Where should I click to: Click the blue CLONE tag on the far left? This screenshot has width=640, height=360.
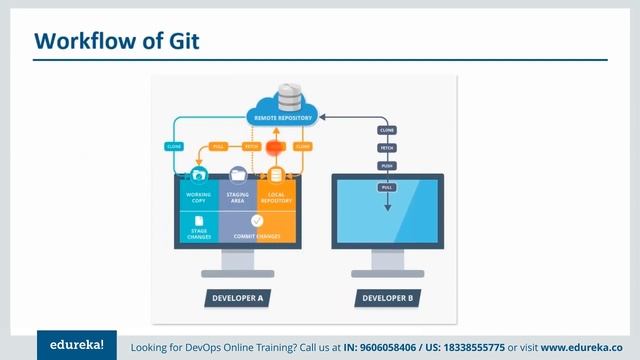click(x=172, y=146)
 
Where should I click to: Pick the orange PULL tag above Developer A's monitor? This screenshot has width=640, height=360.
click(x=219, y=146)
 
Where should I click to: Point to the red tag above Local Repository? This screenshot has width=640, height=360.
click(x=277, y=146)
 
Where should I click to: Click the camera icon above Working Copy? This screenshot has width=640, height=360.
click(x=198, y=175)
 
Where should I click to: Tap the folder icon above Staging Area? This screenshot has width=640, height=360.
click(x=238, y=175)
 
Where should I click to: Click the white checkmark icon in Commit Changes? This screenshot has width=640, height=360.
click(x=257, y=220)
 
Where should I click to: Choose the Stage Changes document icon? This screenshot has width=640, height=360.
click(x=198, y=221)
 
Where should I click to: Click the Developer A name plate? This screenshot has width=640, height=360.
click(x=237, y=297)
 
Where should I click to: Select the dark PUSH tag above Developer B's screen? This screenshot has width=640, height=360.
click(x=387, y=167)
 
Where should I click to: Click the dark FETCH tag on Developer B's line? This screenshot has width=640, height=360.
click(x=387, y=148)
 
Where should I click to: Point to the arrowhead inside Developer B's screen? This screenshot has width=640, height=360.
click(x=387, y=209)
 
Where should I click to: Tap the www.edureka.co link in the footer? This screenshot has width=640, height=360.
click(x=582, y=346)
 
